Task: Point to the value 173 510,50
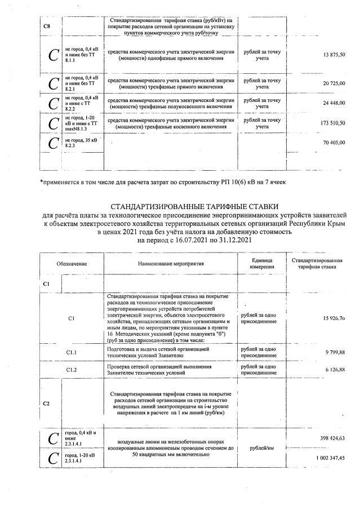click(333, 123)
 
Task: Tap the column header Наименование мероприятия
click(170, 263)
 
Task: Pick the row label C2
click(46, 403)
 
